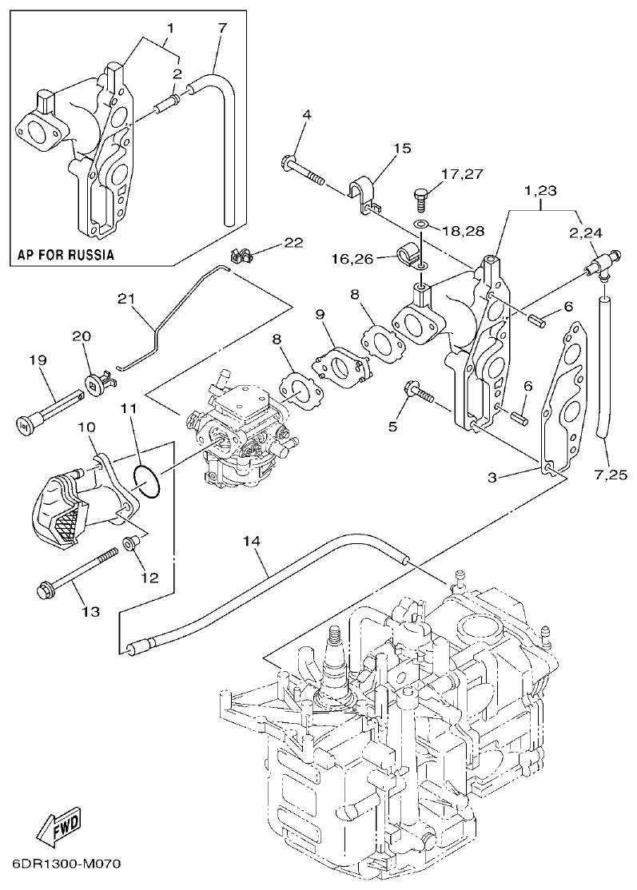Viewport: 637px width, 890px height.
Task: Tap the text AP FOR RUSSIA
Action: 66,256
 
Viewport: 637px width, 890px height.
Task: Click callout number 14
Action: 252,541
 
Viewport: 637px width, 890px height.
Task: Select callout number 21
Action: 124,298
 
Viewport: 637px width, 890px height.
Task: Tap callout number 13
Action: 90,612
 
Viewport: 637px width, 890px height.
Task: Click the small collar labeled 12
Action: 129,545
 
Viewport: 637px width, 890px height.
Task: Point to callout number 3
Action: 493,478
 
